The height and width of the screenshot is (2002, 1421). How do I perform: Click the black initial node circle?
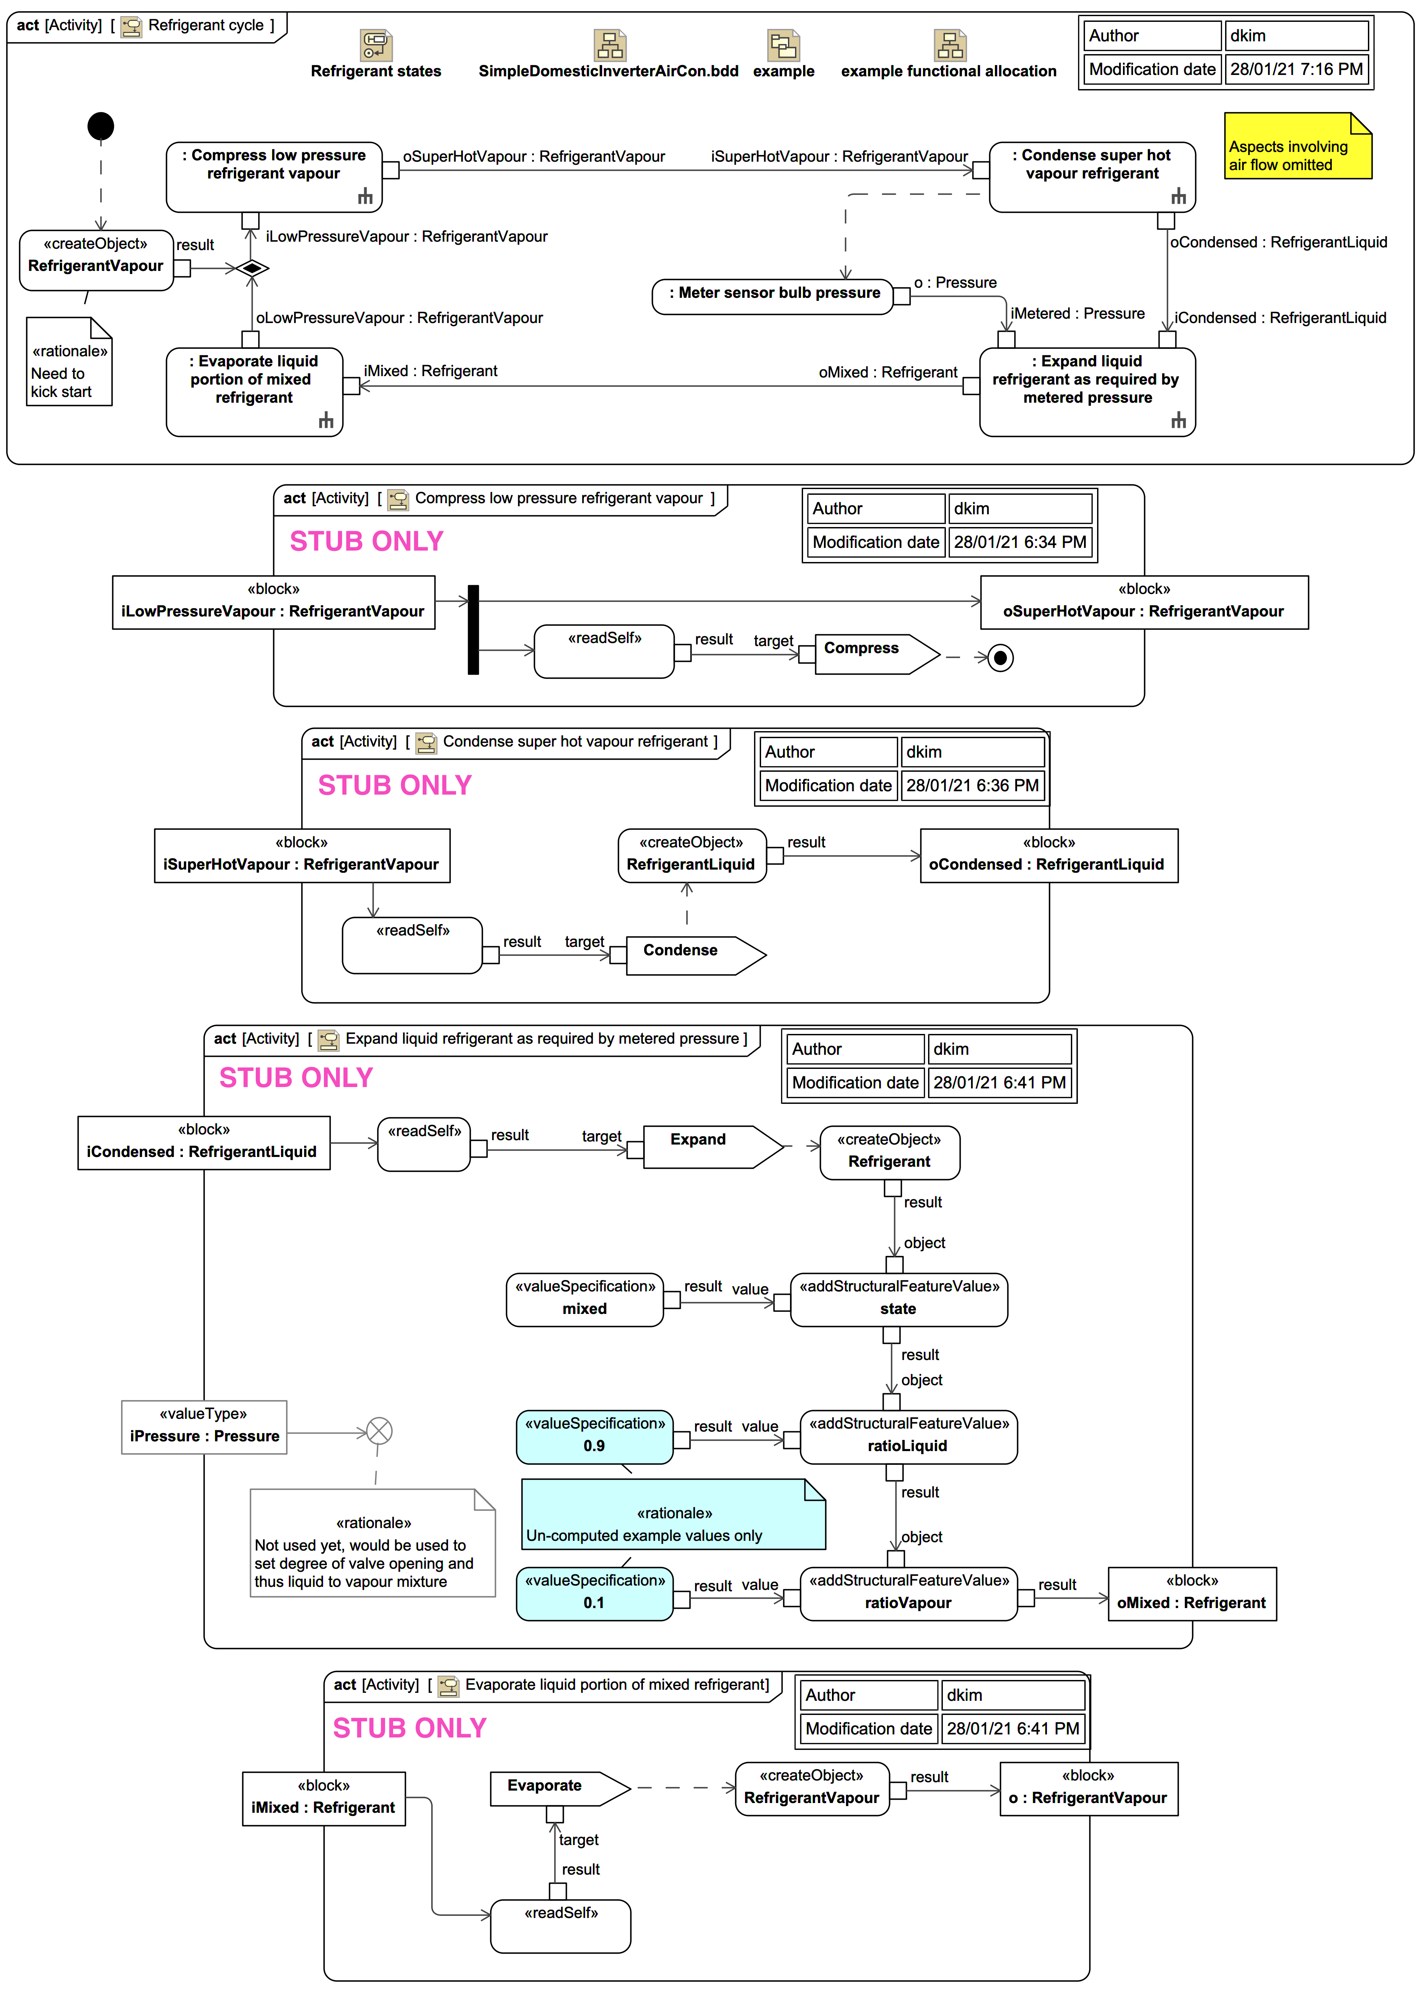(100, 126)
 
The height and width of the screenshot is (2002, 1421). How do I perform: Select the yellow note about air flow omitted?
(1297, 147)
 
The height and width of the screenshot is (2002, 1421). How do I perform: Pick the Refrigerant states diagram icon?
(375, 45)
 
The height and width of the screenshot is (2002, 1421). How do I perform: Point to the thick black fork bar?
(473, 629)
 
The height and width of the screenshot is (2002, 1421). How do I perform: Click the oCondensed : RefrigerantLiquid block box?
(1048, 855)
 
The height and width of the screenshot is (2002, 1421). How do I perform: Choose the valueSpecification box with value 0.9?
(594, 1437)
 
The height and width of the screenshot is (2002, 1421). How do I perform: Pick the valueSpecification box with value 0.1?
(594, 1593)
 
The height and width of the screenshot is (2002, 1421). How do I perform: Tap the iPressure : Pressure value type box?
(204, 1427)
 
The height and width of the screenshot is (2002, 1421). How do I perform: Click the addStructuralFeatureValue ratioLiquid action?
(908, 1437)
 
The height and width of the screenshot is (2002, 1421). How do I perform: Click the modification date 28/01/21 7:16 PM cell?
(1296, 69)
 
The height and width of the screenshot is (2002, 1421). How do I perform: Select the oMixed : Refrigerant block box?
(1192, 1593)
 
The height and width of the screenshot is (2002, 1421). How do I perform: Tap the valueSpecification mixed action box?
(585, 1299)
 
